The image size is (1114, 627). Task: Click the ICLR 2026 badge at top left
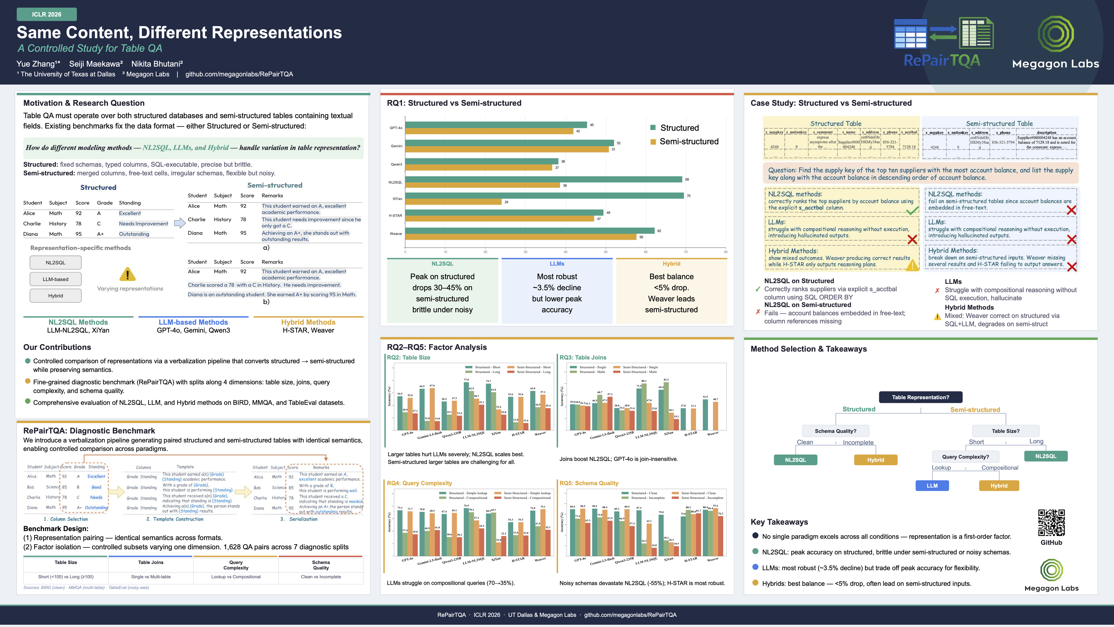(x=47, y=14)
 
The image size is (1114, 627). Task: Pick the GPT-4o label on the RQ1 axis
(x=396, y=128)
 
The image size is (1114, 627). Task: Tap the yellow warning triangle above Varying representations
(x=128, y=274)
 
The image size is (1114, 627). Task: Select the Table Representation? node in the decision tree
(x=920, y=397)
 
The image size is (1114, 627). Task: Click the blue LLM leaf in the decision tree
(x=932, y=485)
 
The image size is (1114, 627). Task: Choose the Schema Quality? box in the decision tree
(x=835, y=431)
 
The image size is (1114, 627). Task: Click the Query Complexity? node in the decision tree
(x=965, y=457)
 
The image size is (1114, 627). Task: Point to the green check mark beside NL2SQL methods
(x=912, y=211)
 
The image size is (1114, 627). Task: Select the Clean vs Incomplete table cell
(x=321, y=577)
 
